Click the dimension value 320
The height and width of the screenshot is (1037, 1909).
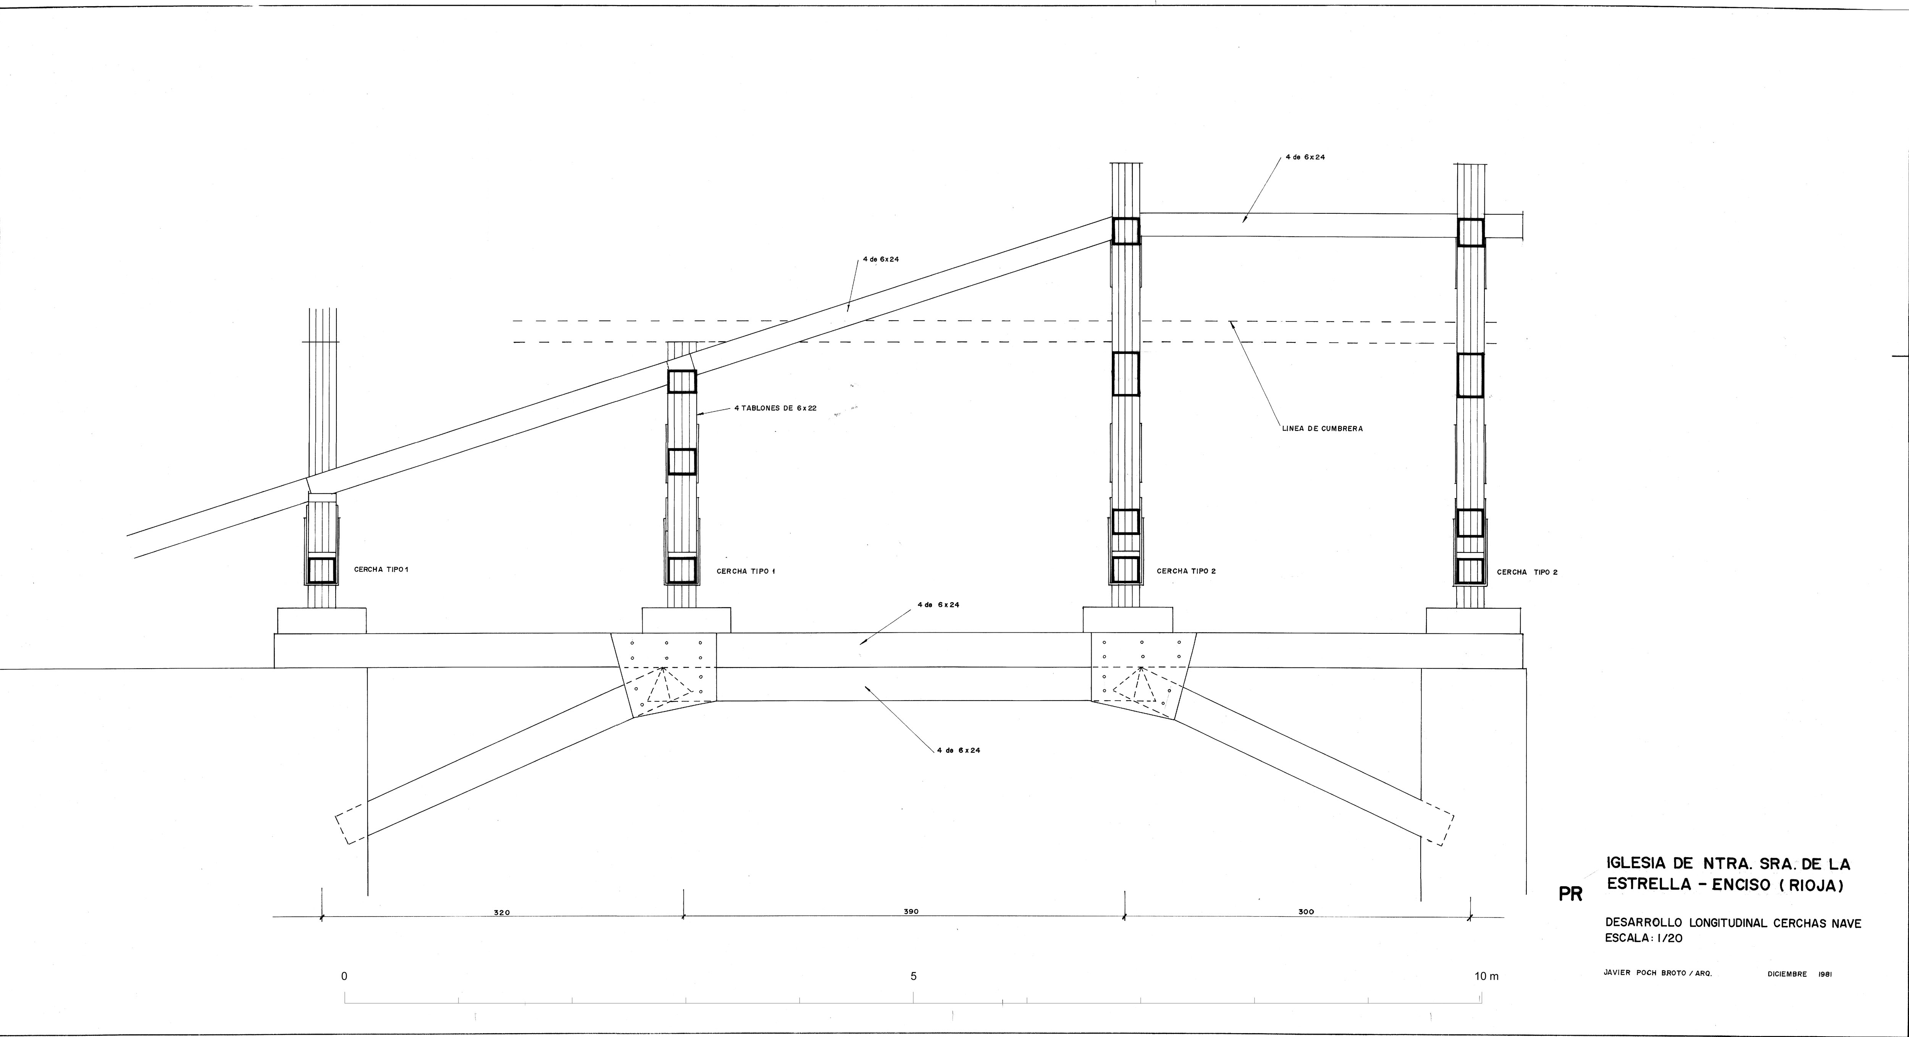click(502, 913)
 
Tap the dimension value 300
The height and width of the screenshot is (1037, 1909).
click(1306, 912)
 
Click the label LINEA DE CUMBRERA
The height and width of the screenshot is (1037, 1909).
click(1322, 428)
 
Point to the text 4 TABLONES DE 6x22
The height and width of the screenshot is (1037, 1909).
click(775, 408)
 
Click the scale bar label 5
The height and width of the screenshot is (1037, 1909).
click(913, 976)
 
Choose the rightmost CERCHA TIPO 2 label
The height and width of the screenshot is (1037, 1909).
click(1526, 572)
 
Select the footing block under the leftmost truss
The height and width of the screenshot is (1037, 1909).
click(321, 620)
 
